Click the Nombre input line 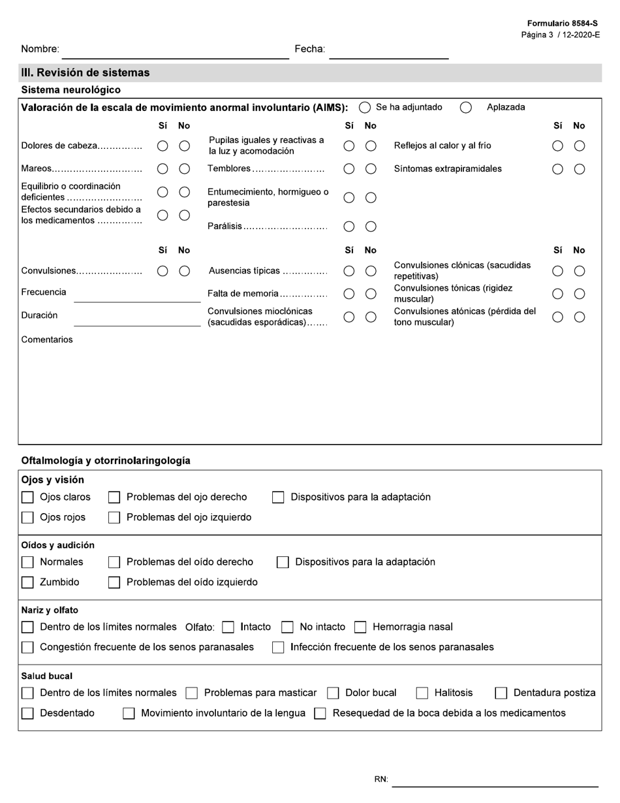coord(175,52)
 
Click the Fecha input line coord(388,52)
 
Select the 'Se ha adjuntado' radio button coord(365,108)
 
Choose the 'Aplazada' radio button coord(466,108)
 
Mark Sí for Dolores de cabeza coord(163,146)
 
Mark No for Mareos coord(185,169)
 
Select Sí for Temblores coord(349,169)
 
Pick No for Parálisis coord(371,227)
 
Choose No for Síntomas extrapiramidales coord(579,169)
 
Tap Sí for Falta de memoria coord(349,294)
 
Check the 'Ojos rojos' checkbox coord(27,518)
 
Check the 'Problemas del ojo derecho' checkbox coord(114,497)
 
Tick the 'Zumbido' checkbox coord(27,582)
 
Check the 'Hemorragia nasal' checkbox coord(360,627)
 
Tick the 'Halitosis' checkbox coord(422,693)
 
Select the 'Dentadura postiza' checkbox coord(501,693)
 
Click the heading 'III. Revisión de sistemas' coord(85,72)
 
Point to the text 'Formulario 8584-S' coord(563,24)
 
